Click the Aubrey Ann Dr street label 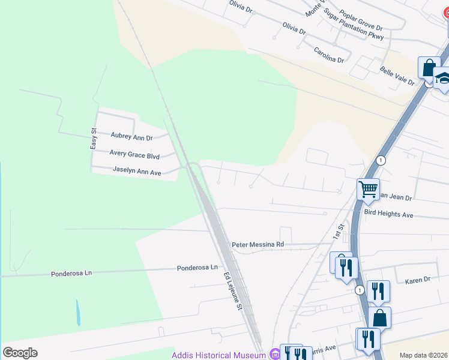132,137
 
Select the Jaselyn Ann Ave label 137,171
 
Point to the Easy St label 94,139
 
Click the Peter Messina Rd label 258,245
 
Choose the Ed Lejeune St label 232,292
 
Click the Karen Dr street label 418,280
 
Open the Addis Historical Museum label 218,355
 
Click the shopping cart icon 368,189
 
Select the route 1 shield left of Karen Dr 359,290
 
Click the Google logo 20,353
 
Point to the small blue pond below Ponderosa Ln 77,313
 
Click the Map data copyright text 423,355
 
